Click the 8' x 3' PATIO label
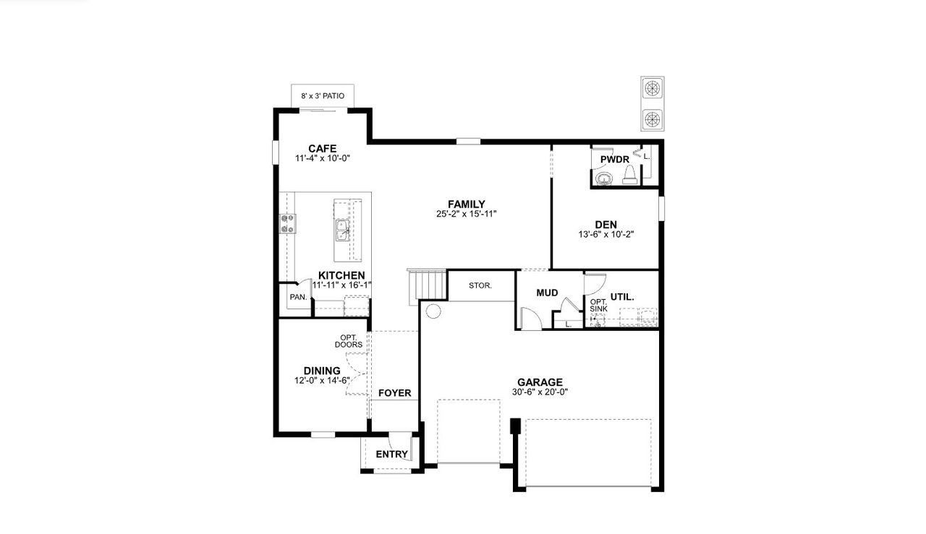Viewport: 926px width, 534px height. coord(323,95)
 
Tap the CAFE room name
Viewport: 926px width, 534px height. coord(322,149)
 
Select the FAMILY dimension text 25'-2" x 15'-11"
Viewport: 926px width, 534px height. coord(466,214)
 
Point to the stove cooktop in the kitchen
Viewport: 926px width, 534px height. coord(287,223)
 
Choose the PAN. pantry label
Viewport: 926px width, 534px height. coord(297,297)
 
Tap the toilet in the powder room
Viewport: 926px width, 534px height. coord(629,175)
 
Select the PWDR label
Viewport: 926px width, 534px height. coord(614,159)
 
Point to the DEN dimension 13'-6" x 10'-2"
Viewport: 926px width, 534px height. coord(606,234)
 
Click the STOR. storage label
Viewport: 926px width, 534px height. coord(480,285)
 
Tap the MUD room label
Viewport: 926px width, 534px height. coord(547,293)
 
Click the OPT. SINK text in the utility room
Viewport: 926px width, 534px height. coord(598,306)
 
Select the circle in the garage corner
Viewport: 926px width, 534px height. coord(433,311)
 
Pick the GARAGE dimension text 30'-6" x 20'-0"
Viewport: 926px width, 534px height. coord(540,392)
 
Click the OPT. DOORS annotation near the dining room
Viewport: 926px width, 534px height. coord(349,341)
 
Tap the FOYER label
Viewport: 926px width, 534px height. coord(394,393)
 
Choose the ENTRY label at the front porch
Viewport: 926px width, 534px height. coord(391,455)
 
